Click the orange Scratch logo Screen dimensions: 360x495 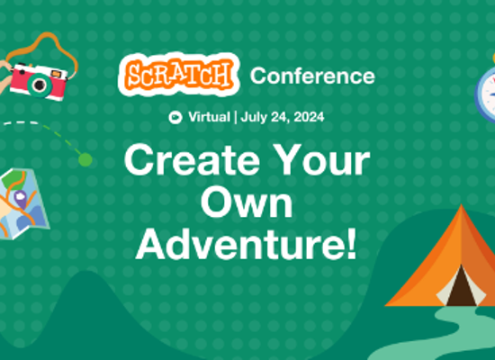[x=180, y=75]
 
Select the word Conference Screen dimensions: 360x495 [x=312, y=76]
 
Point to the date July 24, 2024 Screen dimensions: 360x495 [x=281, y=117]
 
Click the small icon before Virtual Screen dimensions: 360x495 [x=174, y=117]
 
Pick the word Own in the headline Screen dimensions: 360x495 [x=247, y=204]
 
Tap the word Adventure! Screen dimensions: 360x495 [x=247, y=245]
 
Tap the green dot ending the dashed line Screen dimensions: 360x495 [x=85, y=159]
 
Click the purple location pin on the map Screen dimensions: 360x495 [x=19, y=196]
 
